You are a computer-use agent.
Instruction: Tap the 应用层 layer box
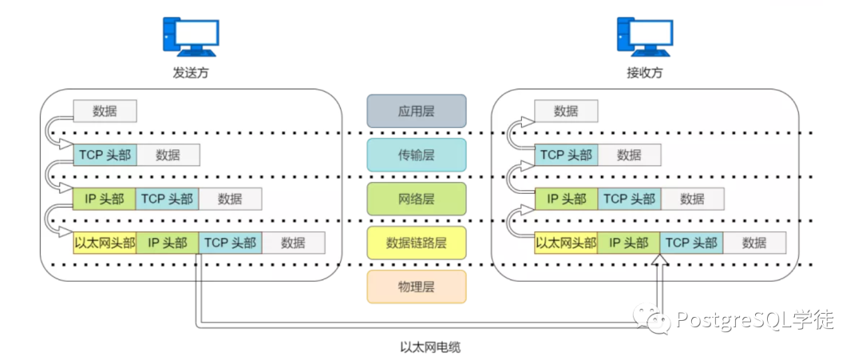(x=416, y=110)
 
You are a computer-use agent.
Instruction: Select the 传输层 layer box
(x=416, y=154)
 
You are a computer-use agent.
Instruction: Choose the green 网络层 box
(x=416, y=199)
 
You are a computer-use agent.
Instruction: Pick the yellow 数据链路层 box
(x=416, y=243)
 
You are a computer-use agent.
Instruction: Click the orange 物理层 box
(x=416, y=287)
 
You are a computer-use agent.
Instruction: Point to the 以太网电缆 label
(x=430, y=346)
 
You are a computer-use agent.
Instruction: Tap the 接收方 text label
(x=645, y=73)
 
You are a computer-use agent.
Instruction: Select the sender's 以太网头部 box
(x=105, y=243)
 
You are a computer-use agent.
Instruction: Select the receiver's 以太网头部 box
(x=566, y=243)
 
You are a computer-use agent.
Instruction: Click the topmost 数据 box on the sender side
(x=105, y=110)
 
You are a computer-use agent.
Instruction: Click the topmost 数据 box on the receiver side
(x=566, y=110)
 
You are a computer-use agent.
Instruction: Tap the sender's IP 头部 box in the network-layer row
(x=105, y=199)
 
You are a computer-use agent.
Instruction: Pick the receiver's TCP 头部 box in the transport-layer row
(x=566, y=155)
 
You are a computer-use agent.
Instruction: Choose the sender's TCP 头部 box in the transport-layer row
(x=105, y=155)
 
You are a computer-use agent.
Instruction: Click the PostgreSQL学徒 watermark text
(x=754, y=320)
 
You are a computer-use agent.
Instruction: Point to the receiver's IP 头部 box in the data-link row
(x=629, y=243)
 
